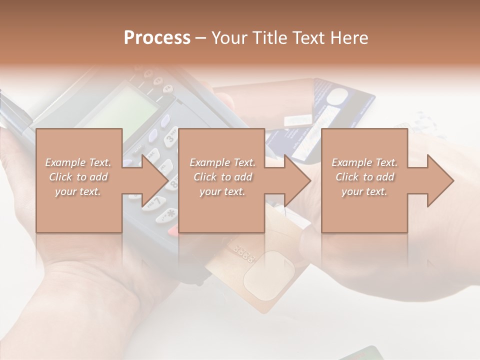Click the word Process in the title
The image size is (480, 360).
(157, 37)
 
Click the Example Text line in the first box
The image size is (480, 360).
(78, 162)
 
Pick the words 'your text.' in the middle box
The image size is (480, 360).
(222, 191)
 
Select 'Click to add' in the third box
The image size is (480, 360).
(364, 177)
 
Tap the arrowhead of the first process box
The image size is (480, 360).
(155, 180)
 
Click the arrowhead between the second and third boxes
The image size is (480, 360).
(297, 180)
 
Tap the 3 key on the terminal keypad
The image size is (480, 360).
(171, 137)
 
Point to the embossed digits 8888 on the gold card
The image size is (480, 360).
(244, 253)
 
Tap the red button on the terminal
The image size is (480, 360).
(173, 230)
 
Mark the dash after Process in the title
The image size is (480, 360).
(201, 38)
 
